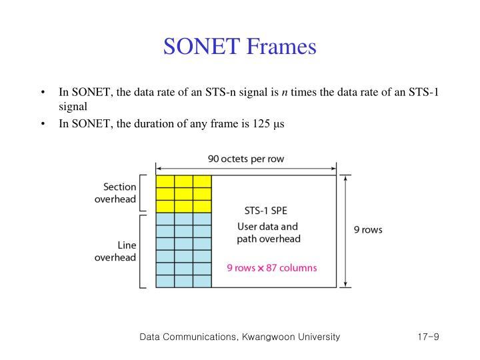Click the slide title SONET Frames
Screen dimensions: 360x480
(x=239, y=47)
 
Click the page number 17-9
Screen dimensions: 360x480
(x=423, y=337)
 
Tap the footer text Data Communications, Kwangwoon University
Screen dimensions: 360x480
(x=239, y=337)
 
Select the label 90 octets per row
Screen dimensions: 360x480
(x=246, y=159)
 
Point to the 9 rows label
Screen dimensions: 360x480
(x=367, y=230)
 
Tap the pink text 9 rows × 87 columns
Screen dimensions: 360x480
(x=272, y=268)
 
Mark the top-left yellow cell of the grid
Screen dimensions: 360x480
(x=165, y=182)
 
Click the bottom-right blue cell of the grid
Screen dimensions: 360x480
(x=202, y=281)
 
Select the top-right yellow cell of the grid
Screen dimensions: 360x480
(x=202, y=182)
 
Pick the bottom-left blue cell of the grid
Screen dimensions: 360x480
(x=165, y=281)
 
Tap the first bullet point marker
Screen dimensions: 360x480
(x=43, y=92)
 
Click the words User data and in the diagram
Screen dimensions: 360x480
(x=268, y=227)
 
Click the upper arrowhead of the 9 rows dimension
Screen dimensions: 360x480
(x=345, y=179)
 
